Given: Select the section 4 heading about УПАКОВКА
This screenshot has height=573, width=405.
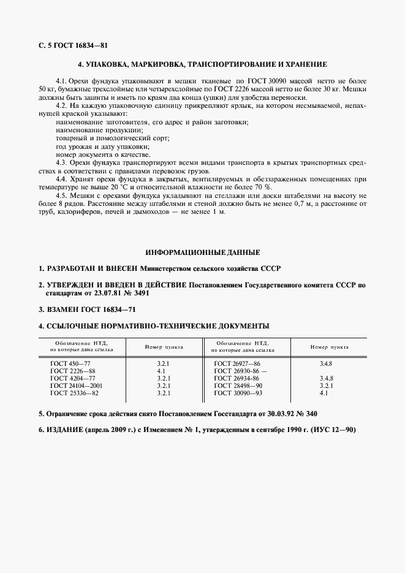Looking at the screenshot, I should tap(202, 64).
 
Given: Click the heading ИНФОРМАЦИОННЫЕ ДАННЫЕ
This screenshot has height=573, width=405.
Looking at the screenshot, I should tap(202, 252).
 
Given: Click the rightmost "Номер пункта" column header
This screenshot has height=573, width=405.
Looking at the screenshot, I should tap(329, 346).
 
